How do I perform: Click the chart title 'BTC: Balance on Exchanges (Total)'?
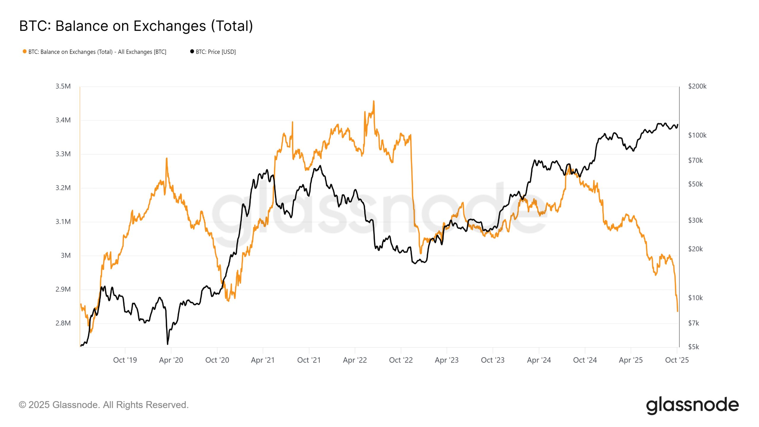(x=136, y=26)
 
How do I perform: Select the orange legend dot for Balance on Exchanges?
(x=25, y=52)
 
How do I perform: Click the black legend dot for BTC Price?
(x=192, y=52)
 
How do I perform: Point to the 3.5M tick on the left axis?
(x=63, y=86)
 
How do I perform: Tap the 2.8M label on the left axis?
(x=63, y=323)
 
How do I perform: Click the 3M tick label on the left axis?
(x=66, y=256)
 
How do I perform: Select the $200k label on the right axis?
(x=697, y=86)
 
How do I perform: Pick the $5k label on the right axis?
(x=693, y=347)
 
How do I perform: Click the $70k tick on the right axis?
(x=695, y=160)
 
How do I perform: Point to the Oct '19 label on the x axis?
(x=125, y=360)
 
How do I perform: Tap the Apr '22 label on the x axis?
(x=355, y=360)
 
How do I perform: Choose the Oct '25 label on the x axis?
(x=677, y=360)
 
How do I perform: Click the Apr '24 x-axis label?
(x=539, y=360)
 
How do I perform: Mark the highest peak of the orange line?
(x=374, y=101)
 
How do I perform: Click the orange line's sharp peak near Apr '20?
(x=167, y=158)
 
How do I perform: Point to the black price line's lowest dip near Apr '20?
(x=168, y=344)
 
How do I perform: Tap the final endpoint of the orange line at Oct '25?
(x=677, y=311)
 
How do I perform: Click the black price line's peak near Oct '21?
(x=320, y=166)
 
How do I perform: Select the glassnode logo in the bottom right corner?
(x=692, y=405)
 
